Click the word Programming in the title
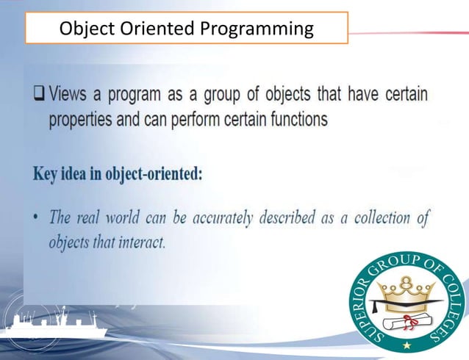tap(257, 29)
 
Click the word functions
tap(296, 120)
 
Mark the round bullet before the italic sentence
tap(36, 218)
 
